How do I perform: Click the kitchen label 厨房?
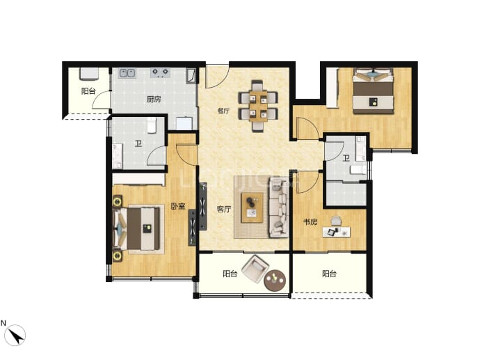tap(154, 100)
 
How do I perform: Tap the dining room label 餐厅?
tap(223, 111)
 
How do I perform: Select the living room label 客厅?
tap(224, 210)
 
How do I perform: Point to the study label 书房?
tap(310, 222)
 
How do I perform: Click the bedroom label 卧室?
tap(178, 206)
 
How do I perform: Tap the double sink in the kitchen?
tap(127, 73)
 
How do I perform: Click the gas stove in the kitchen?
tap(161, 72)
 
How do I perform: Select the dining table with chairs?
tap(258, 106)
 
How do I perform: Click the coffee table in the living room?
tap(253, 208)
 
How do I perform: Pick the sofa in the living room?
tap(279, 208)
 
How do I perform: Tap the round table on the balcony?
tap(275, 281)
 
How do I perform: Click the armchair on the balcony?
tap(255, 269)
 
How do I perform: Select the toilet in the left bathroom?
tap(152, 125)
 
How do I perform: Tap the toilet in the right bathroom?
tap(358, 170)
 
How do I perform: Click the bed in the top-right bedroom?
tap(373, 91)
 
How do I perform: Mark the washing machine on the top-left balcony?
tap(89, 74)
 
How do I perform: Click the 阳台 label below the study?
tap(329, 274)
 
